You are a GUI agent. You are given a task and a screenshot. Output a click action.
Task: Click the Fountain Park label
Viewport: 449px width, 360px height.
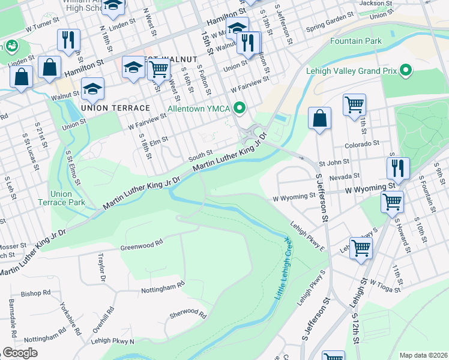[x=355, y=41]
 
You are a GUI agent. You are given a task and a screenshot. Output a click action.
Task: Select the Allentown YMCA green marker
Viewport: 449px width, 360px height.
[x=240, y=108]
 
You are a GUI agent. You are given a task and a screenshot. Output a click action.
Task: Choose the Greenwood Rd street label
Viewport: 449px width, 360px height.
[x=142, y=244]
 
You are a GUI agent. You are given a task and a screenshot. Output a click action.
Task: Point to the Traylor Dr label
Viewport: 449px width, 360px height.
[x=100, y=267]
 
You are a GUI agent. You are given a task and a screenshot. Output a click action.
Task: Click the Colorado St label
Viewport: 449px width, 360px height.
[x=363, y=145]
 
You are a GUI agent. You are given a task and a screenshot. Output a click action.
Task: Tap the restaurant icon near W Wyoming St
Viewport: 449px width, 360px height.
[x=397, y=169]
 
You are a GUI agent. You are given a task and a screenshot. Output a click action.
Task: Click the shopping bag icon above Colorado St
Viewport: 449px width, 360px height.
[x=320, y=118]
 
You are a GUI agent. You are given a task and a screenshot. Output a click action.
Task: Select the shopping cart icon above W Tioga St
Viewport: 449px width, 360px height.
[x=360, y=248]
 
